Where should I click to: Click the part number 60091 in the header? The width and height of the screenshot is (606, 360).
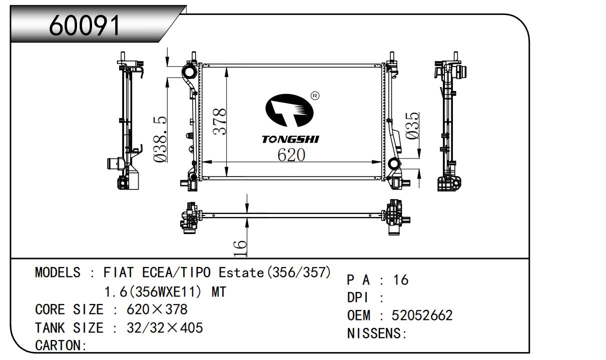84,25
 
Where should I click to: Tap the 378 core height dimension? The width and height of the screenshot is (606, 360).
219,121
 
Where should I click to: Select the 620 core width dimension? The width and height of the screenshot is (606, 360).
291,155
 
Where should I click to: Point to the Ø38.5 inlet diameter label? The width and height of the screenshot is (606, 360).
160,139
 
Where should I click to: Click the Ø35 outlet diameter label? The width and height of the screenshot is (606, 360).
412,125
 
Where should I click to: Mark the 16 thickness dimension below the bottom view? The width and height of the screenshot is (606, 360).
240,248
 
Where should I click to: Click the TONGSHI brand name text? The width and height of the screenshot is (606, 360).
291,139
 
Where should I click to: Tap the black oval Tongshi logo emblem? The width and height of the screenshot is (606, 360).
289,110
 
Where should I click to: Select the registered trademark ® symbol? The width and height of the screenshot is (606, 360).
315,95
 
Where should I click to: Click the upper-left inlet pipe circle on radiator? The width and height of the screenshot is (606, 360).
190,71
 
